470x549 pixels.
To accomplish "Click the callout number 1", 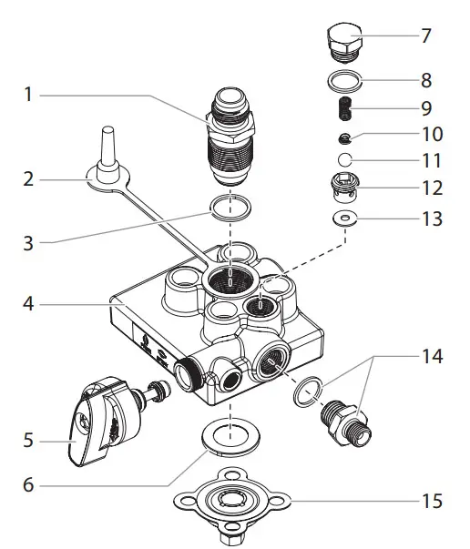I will [x=28, y=94].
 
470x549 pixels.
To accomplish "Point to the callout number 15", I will [x=432, y=501].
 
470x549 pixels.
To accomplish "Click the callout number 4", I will [x=28, y=304].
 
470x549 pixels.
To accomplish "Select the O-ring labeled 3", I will [x=231, y=211].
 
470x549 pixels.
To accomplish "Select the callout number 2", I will [x=28, y=179].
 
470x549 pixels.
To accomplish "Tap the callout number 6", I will [x=28, y=484].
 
